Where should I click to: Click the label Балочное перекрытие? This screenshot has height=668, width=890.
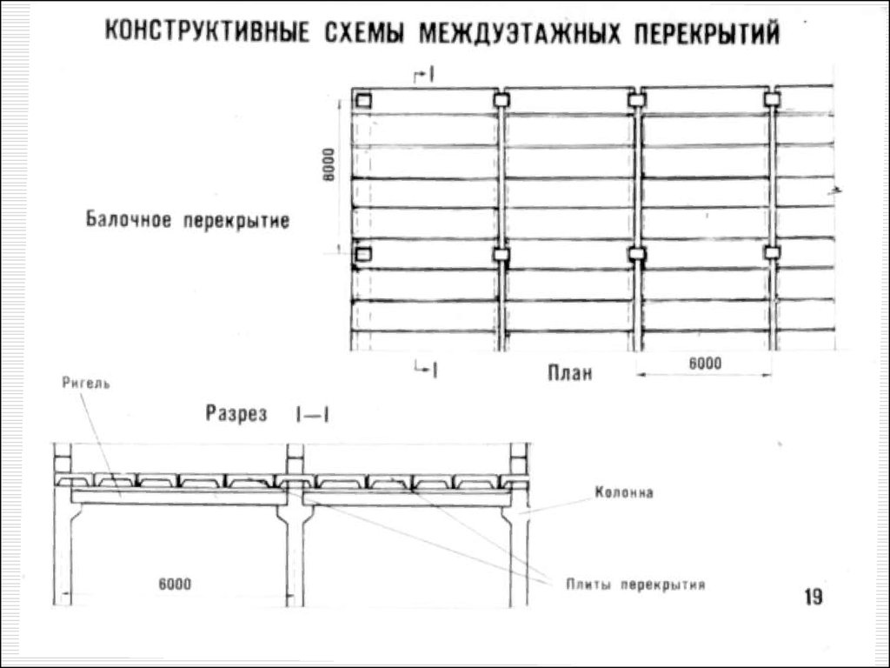click(x=187, y=219)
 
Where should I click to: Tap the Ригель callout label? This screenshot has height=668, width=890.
click(x=86, y=382)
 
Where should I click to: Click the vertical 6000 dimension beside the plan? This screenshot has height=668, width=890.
click(x=329, y=164)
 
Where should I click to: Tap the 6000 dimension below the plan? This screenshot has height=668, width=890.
click(x=705, y=363)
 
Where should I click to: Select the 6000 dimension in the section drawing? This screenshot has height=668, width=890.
click(x=175, y=582)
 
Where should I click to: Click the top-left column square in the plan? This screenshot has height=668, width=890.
click(x=363, y=100)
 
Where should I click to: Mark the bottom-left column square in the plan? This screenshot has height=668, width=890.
click(x=363, y=254)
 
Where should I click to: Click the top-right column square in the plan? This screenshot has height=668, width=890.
click(x=772, y=100)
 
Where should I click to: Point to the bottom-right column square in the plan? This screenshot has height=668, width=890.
click(x=772, y=253)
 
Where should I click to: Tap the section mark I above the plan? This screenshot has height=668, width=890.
click(x=429, y=77)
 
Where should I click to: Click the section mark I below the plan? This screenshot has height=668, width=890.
click(x=429, y=369)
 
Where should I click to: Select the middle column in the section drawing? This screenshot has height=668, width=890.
click(x=294, y=539)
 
